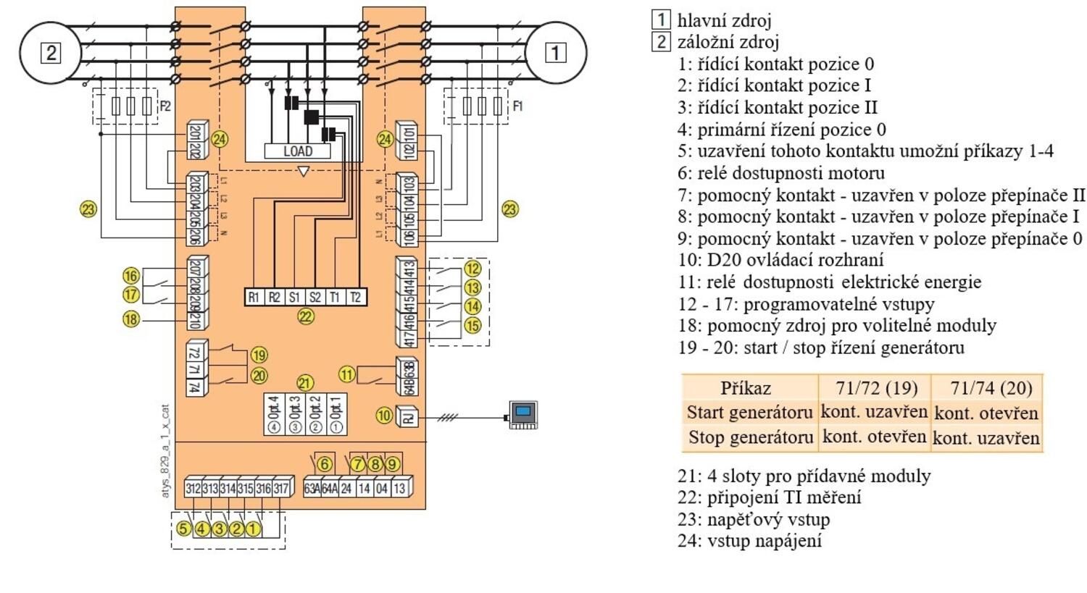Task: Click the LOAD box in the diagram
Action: pyautogui.click(x=297, y=151)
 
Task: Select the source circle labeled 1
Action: pyautogui.click(x=555, y=53)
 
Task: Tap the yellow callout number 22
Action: pyautogui.click(x=306, y=316)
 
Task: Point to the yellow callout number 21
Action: pyautogui.click(x=305, y=383)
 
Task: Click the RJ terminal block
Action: pyautogui.click(x=409, y=416)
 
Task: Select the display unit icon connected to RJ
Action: pyautogui.click(x=522, y=415)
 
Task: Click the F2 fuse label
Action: pyautogui.click(x=165, y=106)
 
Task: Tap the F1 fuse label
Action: pyautogui.click(x=517, y=106)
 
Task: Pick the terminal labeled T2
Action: pyautogui.click(x=355, y=297)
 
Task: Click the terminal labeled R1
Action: pyautogui.click(x=254, y=297)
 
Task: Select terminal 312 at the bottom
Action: pyautogui.click(x=193, y=489)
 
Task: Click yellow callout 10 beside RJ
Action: pyautogui.click(x=384, y=416)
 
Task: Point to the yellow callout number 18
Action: pyautogui.click(x=130, y=319)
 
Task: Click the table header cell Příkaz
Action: pyautogui.click(x=746, y=388)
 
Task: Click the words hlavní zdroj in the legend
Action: pyautogui.click(x=724, y=20)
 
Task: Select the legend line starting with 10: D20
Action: pyautogui.click(x=780, y=260)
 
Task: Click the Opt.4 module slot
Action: pyautogui.click(x=274, y=414)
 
